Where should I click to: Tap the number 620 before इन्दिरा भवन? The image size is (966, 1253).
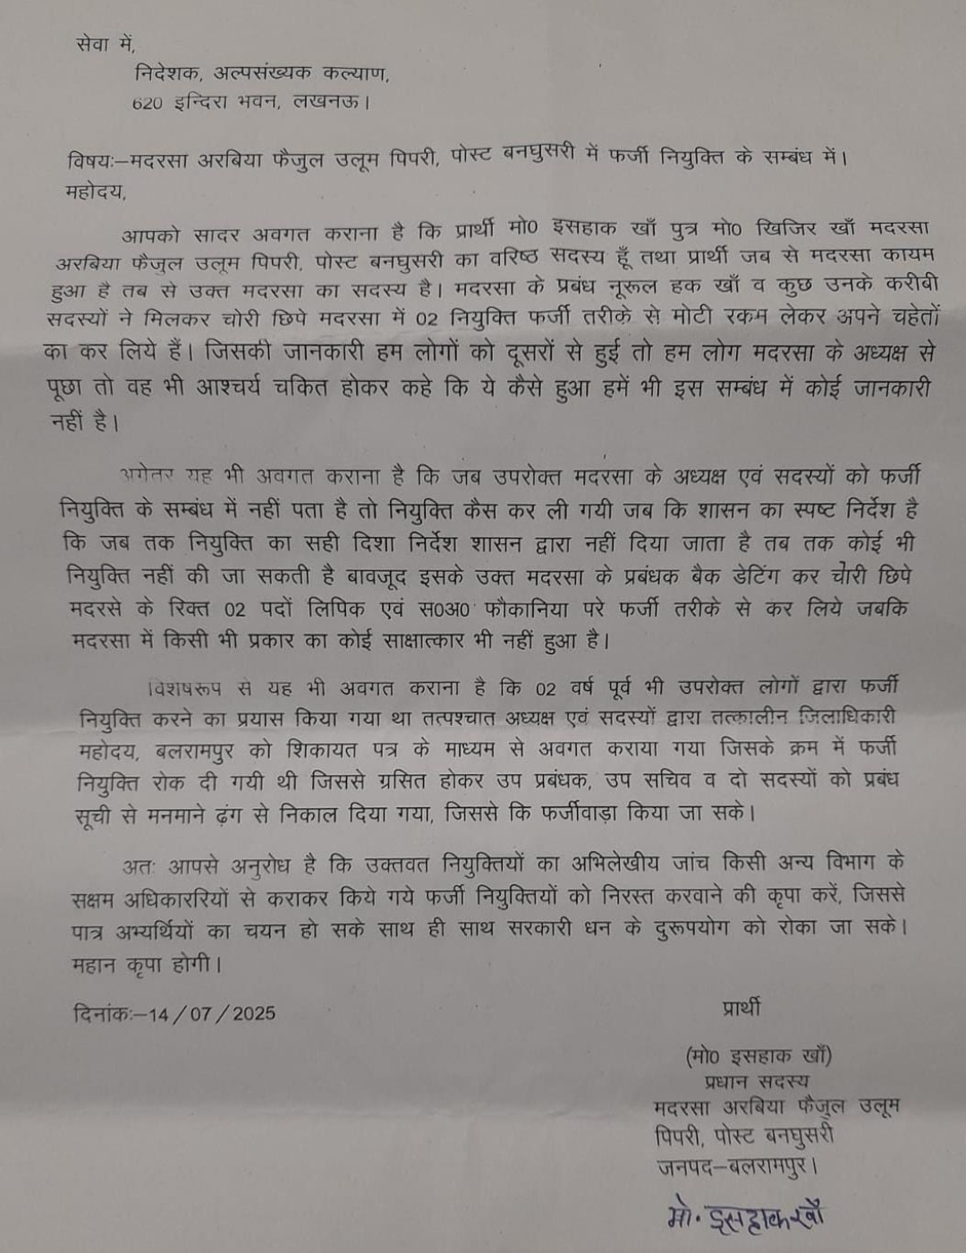pyautogui.click(x=147, y=103)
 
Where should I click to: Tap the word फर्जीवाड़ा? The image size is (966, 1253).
pyautogui.click(x=591, y=814)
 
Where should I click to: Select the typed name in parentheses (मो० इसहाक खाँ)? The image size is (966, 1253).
pyautogui.click(x=758, y=1056)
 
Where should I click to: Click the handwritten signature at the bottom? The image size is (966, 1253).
pyautogui.click(x=744, y=1215)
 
